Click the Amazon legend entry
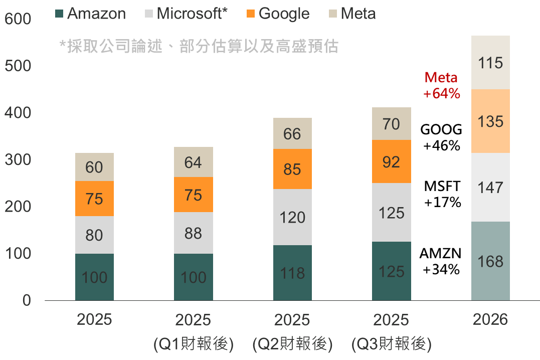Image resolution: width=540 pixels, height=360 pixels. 90,14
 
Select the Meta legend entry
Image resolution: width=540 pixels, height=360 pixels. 352,14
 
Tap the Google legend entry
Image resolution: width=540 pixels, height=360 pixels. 278,14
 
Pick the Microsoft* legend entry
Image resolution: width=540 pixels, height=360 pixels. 186,14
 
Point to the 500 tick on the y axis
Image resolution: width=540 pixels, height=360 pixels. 18,66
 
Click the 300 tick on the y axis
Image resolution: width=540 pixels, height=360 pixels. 18,160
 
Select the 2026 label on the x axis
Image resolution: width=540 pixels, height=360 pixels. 490,319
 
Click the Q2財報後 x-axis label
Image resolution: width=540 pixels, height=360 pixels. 292,344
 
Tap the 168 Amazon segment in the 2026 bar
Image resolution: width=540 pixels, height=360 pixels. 490,261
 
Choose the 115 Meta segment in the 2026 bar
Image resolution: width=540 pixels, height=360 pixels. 490,63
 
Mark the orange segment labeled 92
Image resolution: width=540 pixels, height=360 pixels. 392,161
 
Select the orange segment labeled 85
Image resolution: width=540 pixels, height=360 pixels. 292,169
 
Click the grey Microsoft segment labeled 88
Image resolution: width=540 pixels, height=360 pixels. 194,233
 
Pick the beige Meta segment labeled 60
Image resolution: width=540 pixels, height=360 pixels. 94,167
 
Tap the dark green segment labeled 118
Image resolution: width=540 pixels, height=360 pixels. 292,273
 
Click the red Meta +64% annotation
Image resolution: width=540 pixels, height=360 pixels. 441,85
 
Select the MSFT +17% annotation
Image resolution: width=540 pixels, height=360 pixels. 441,194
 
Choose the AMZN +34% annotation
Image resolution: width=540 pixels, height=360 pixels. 441,261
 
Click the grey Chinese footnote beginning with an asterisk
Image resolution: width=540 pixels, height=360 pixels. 199,47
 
